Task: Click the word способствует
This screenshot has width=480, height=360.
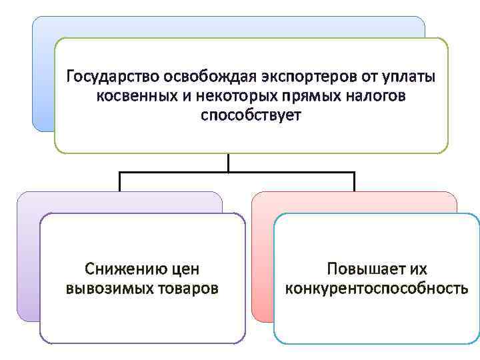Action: click(251, 115)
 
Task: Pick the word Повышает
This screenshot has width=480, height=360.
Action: click(361, 269)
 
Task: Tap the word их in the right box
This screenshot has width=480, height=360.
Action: click(418, 269)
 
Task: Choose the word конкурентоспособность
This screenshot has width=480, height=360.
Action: click(377, 289)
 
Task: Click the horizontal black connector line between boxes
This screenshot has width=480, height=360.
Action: click(237, 172)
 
